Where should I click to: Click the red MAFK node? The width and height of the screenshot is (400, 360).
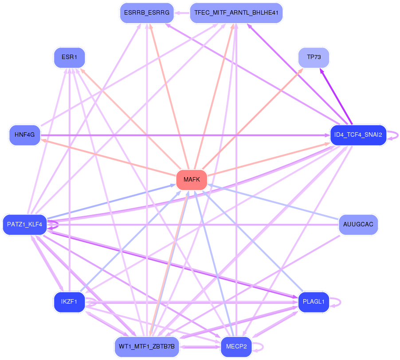pyautogui.click(x=192, y=180)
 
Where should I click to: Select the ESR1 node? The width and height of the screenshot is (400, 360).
pyautogui.click(x=69, y=57)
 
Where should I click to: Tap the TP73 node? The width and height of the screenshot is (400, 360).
pyautogui.click(x=314, y=57)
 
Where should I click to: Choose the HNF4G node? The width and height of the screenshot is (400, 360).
pyautogui.click(x=25, y=135)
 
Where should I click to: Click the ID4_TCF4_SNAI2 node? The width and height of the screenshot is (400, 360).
pyautogui.click(x=358, y=135)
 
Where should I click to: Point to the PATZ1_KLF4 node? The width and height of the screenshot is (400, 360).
pyautogui.click(x=25, y=225)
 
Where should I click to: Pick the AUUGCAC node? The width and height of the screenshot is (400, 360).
pyautogui.click(x=358, y=225)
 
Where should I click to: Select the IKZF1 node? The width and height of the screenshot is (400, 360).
pyautogui.click(x=69, y=302)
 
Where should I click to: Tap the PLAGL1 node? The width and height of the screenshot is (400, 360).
pyautogui.click(x=314, y=302)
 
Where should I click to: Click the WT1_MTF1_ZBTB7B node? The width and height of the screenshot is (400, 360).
pyautogui.click(x=147, y=347)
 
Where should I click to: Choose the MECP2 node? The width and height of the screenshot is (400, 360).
pyautogui.click(x=236, y=347)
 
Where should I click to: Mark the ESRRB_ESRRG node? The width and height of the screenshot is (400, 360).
pyautogui.click(x=147, y=13)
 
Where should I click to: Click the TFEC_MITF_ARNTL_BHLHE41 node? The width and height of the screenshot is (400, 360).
pyautogui.click(x=236, y=13)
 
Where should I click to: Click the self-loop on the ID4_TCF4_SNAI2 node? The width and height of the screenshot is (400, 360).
pyautogui.click(x=393, y=135)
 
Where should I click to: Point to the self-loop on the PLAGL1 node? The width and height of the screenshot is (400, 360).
pyautogui.click(x=335, y=302)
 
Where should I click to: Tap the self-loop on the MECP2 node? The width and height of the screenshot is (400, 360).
pyautogui.click(x=258, y=347)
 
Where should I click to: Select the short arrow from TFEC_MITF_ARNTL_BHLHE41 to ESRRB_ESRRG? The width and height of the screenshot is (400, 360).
pyautogui.click(x=182, y=13)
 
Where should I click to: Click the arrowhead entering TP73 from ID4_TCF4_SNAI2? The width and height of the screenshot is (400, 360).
pyautogui.click(x=322, y=71)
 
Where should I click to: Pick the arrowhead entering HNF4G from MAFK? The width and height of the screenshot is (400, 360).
pyautogui.click(x=43, y=140)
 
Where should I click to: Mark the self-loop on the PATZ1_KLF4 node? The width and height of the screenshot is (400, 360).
pyautogui.click(x=53, y=225)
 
